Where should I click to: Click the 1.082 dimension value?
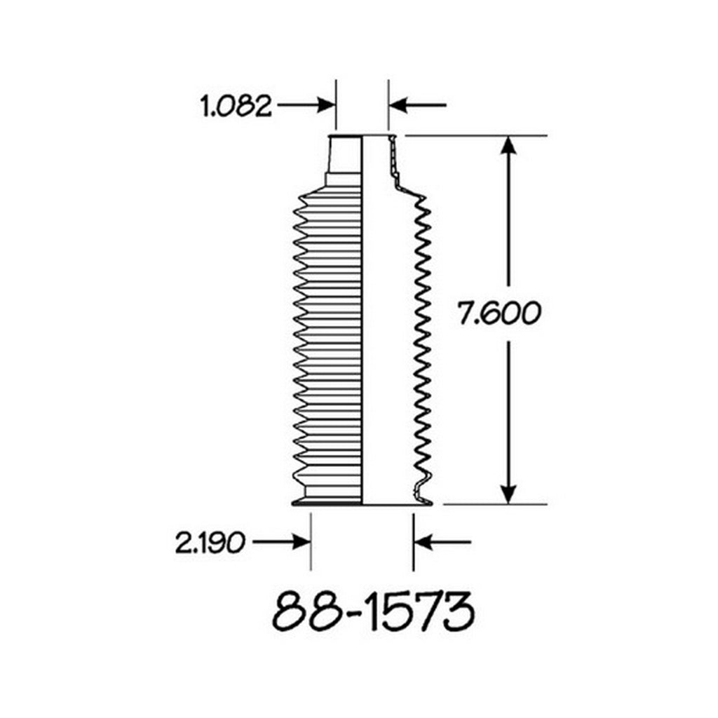tap(236, 107)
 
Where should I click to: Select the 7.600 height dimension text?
tap(499, 313)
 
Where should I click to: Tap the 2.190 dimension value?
tap(210, 543)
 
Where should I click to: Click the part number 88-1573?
tap(373, 611)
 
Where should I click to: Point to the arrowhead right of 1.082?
tap(327, 105)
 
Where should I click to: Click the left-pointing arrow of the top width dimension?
tap(417, 105)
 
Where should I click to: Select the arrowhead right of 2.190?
tap(302, 542)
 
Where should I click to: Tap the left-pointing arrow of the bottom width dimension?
tap(442, 542)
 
